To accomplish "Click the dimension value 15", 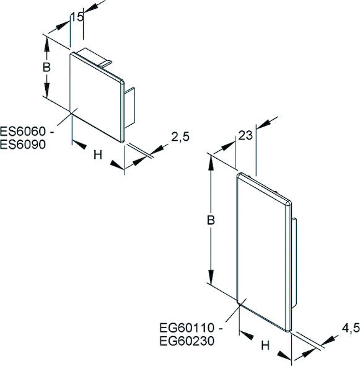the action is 77,17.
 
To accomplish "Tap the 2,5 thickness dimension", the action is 180,136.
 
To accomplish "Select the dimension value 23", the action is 245,135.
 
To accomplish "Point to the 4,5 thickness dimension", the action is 351,328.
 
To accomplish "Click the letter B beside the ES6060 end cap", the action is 46,67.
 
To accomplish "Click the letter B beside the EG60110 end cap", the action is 211,220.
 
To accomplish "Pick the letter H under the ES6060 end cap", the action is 98,154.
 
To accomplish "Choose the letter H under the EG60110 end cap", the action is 265,346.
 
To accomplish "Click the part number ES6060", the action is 23,132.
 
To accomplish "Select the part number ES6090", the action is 23,145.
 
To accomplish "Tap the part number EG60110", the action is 187,328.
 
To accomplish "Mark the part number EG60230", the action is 187,341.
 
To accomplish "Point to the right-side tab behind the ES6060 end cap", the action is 130,107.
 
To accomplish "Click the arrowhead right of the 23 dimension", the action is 264,123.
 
